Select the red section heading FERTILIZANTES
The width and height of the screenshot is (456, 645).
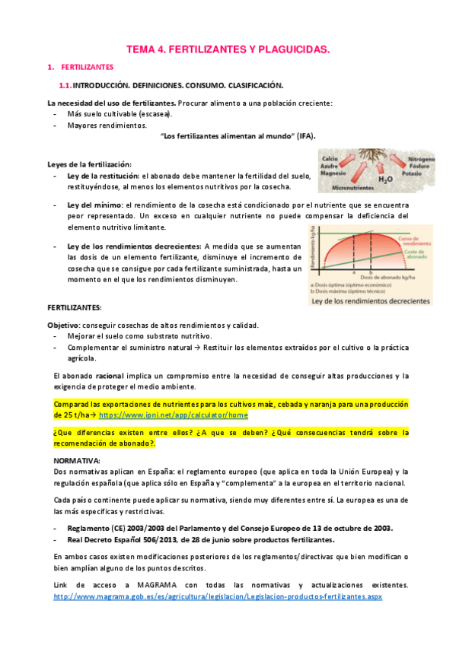(87, 68)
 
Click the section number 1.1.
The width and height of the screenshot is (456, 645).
(64, 85)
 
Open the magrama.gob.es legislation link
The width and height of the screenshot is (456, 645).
(217, 596)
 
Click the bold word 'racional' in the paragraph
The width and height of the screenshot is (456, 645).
(110, 376)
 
